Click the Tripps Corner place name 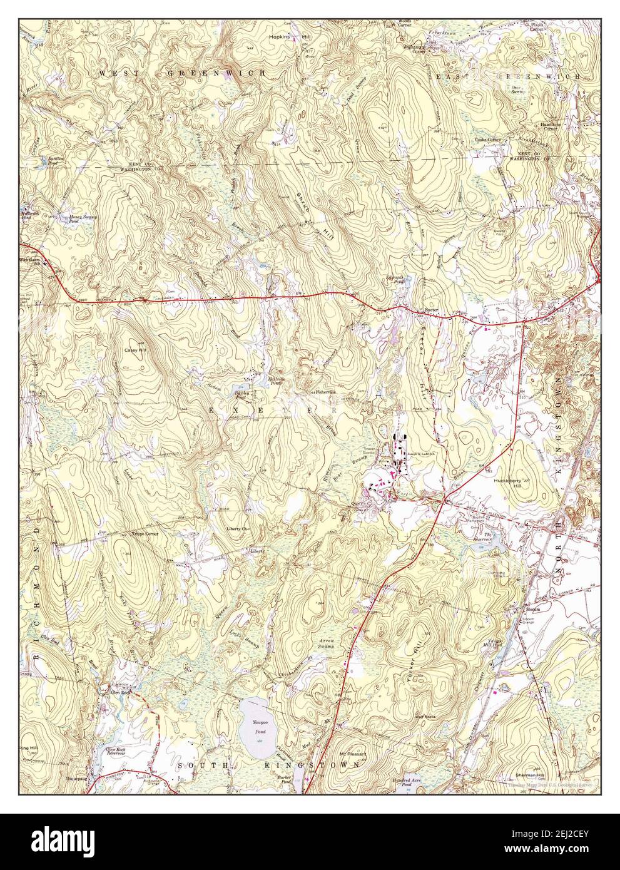click(144, 534)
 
